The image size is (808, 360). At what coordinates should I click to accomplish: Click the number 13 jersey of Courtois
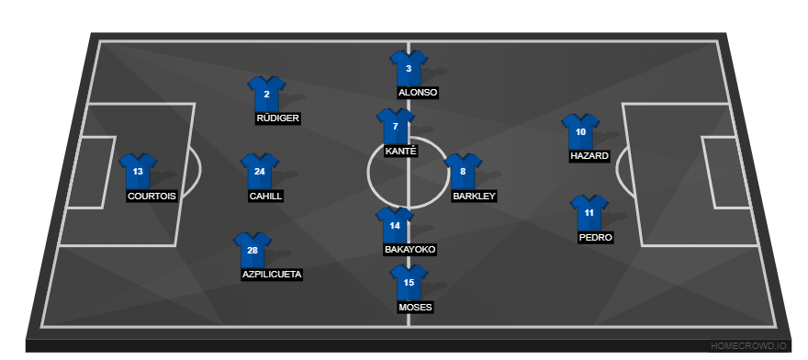coord(138,172)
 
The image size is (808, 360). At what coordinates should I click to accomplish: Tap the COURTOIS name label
coord(151,197)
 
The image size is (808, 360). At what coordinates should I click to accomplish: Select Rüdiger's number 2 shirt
coord(266,94)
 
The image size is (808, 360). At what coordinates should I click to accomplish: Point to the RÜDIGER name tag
coord(277,118)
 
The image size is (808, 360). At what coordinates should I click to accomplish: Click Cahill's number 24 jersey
coord(260,172)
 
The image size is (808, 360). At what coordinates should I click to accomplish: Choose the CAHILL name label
coord(265,197)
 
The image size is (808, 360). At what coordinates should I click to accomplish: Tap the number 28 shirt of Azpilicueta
coord(252,250)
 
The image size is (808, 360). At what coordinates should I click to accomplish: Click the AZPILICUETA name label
coord(272,275)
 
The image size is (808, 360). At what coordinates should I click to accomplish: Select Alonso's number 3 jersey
coord(409,68)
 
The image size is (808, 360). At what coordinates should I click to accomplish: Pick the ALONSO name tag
coord(418,93)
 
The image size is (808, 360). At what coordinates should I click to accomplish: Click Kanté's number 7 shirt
coord(395,127)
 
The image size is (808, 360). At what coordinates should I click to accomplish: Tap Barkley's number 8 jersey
coord(463,172)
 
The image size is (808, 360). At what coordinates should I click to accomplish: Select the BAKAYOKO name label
coord(410,250)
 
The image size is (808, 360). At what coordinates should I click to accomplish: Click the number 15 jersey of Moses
coord(409,282)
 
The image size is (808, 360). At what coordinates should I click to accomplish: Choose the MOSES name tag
coord(415,307)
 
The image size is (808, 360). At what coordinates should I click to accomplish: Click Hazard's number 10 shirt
coord(580,132)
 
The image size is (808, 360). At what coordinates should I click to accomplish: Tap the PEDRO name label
coord(595,237)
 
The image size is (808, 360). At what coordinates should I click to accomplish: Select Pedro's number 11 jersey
coord(589,212)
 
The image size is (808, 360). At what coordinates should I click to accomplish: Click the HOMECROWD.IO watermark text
coord(748,346)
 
